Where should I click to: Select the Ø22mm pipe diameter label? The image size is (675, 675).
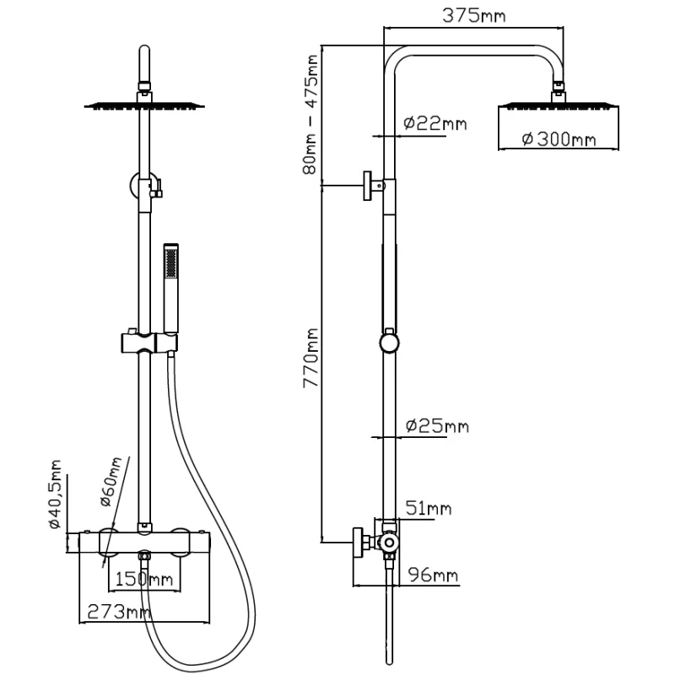coord(435,123)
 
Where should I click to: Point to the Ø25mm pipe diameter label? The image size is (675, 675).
coord(436,426)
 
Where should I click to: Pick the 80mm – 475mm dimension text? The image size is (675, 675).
coord(312,114)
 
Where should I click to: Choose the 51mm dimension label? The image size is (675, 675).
coord(428,508)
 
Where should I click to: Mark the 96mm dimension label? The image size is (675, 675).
coord(434,575)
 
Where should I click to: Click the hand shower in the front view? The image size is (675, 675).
coord(171,287)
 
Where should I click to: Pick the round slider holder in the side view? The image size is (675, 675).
coord(388,343)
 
